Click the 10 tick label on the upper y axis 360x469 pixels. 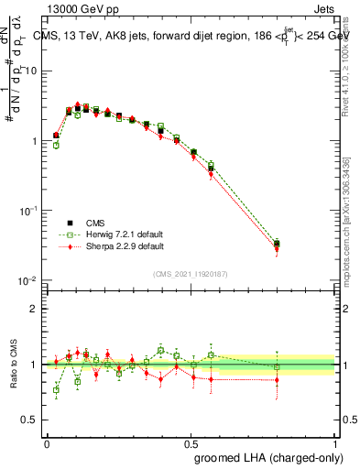pyautogui.click(x=31, y=71)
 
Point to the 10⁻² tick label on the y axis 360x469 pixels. pyautogui.click(x=28, y=279)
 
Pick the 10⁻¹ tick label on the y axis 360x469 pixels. pyautogui.click(x=28, y=210)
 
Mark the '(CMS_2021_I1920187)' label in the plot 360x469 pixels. pyautogui.click(x=191, y=275)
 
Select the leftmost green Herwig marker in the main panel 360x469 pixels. pyautogui.click(x=56, y=145)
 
